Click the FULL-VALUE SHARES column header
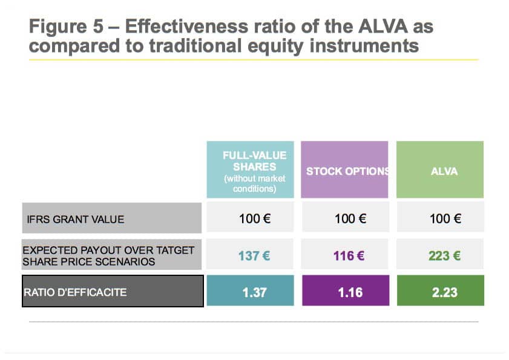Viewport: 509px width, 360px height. [251, 169]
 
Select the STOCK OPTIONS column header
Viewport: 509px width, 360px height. [344, 169]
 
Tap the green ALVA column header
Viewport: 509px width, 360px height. [440, 169]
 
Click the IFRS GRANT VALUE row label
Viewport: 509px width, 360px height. [112, 218]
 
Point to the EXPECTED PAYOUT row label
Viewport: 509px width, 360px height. [111, 255]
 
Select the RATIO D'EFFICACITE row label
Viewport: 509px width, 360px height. [113, 291]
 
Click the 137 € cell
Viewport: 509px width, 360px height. [250, 254]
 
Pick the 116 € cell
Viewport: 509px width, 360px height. [345, 254]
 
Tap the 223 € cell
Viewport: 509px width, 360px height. [440, 254]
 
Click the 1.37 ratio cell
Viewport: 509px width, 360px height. [251, 290]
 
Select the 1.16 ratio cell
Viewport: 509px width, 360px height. [346, 290]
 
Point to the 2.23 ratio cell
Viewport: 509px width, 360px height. [441, 290]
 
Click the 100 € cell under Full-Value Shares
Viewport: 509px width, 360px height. [250, 217]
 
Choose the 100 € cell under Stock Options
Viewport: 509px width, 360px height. [346, 217]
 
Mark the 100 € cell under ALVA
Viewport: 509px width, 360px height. [441, 217]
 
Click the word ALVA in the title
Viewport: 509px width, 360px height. [383, 26]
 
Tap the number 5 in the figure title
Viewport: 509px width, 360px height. [98, 26]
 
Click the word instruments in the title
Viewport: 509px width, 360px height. [364, 45]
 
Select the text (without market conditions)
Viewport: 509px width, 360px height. [254, 183]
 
